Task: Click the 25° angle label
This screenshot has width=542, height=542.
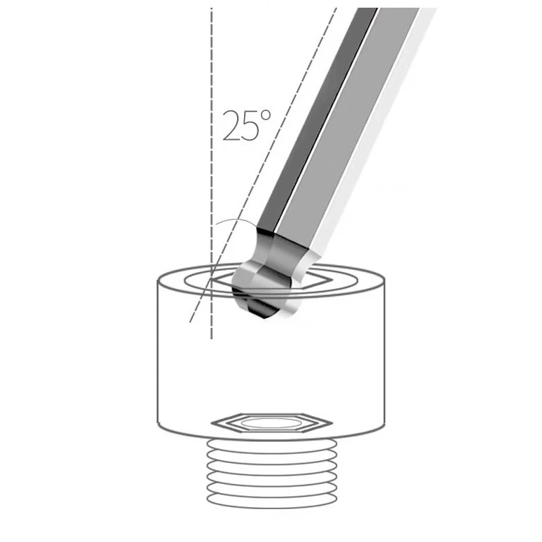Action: click(x=246, y=125)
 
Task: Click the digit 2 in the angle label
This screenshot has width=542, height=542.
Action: click(x=231, y=126)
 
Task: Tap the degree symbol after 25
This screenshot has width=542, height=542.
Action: click(x=266, y=115)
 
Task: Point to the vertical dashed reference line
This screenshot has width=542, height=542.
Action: click(x=211, y=173)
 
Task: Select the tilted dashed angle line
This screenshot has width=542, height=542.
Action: click(x=263, y=165)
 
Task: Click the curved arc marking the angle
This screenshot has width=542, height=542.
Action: click(x=235, y=220)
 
